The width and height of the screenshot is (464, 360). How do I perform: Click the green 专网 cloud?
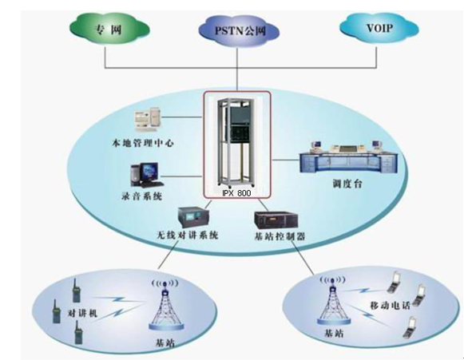point(109,30)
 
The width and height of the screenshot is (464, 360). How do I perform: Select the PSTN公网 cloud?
point(239,31)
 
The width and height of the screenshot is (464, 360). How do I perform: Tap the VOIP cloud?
point(379,29)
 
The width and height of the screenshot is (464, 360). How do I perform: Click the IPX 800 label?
point(236,193)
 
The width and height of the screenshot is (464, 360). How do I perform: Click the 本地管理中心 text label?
point(142,143)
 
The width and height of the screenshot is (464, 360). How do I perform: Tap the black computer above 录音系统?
point(146,175)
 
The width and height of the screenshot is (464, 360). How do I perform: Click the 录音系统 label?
point(141,196)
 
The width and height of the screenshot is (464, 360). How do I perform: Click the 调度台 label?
point(347,184)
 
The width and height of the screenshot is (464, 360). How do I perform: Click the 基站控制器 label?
point(280,236)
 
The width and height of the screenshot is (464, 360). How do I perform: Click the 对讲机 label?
point(82,313)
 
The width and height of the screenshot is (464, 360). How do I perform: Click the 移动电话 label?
point(390,306)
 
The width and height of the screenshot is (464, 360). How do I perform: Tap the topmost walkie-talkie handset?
point(76,291)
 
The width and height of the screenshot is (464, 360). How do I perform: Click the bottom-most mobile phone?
point(409,327)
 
